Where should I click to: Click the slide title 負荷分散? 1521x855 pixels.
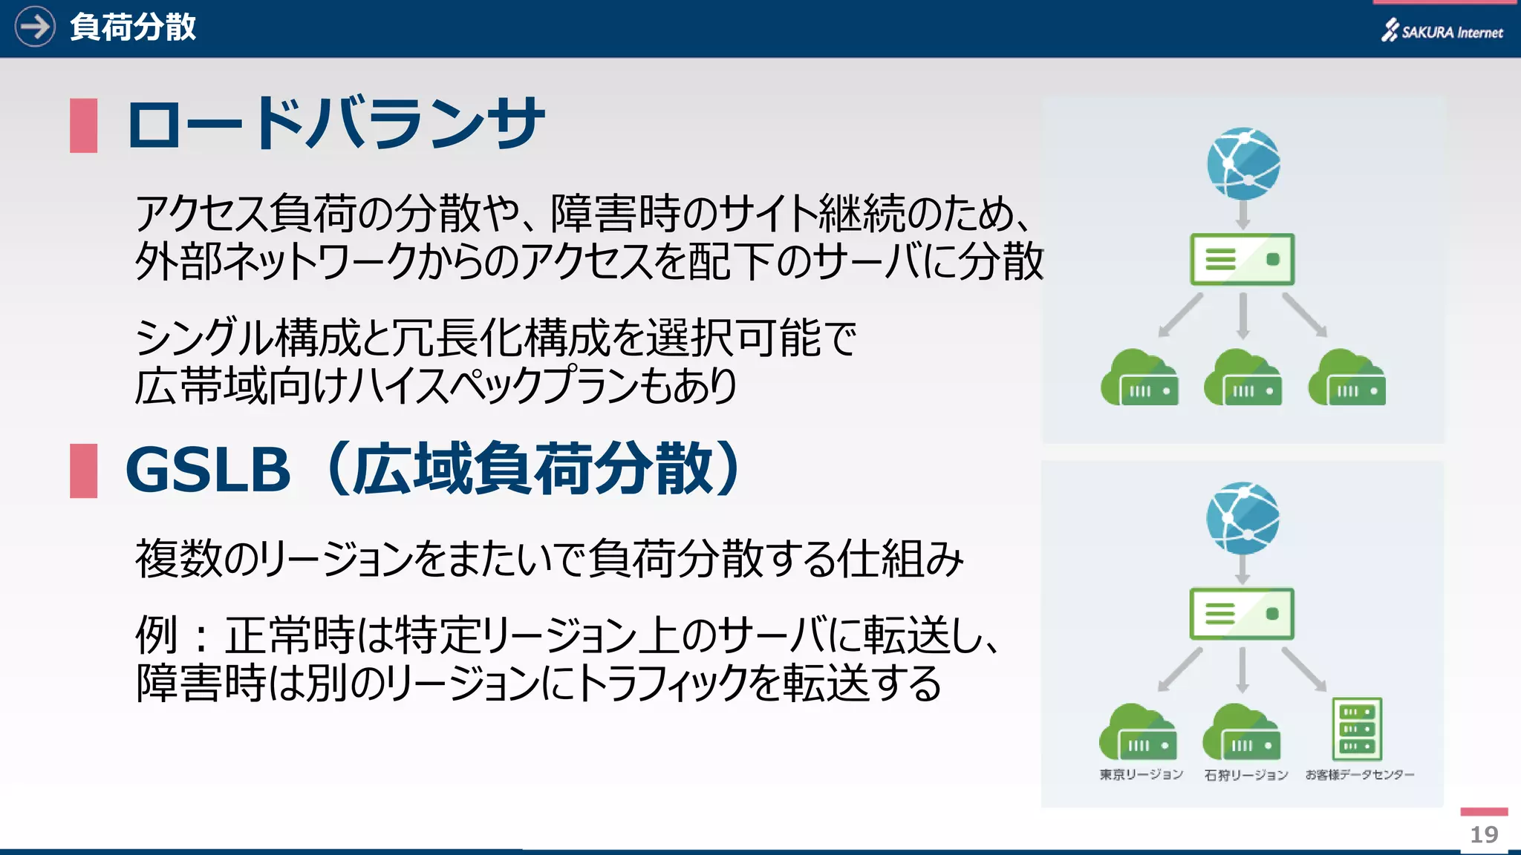point(133,27)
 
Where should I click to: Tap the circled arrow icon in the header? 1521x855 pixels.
point(35,27)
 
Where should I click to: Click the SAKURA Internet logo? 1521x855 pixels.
point(1442,31)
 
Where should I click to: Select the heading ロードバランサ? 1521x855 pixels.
point(336,124)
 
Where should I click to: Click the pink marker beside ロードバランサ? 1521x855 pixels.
point(83,125)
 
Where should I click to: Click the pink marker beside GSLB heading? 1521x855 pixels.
point(83,471)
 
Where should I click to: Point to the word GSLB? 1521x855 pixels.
point(208,470)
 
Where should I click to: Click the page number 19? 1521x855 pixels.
point(1484,834)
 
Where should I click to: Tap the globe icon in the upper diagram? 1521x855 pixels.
point(1243,163)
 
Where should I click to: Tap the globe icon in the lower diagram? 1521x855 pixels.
point(1242,518)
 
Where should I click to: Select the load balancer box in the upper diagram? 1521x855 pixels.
point(1242,260)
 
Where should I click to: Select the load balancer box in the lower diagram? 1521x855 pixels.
point(1241,614)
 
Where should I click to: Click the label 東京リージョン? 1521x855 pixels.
point(1141,775)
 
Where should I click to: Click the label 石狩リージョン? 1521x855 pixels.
point(1245,775)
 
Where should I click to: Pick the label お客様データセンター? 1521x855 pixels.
point(1359,775)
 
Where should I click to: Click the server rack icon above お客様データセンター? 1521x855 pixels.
point(1357,729)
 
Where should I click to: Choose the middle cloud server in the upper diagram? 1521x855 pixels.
point(1242,379)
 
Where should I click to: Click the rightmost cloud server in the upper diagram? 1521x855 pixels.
point(1346,379)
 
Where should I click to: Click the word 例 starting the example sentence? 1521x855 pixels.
point(156,635)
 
